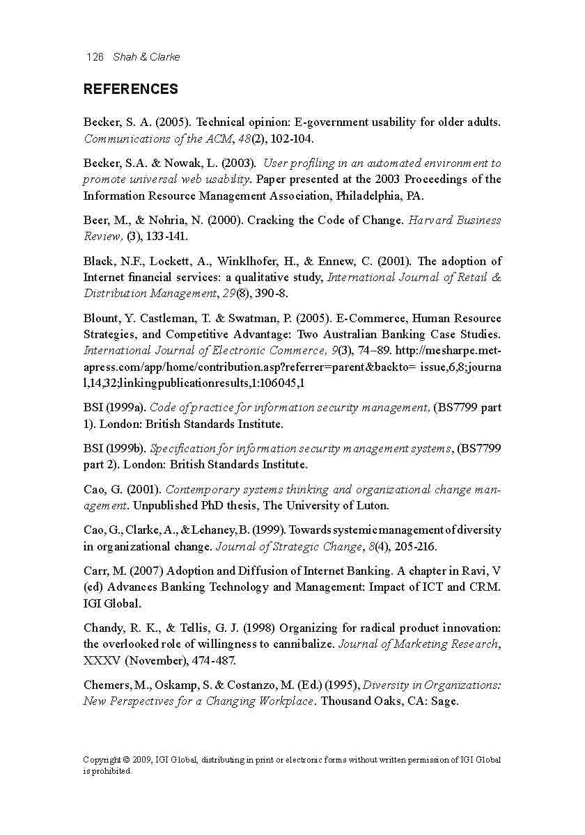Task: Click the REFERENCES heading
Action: coord(130,89)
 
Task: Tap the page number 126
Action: coord(95,57)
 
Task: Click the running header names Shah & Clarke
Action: coord(146,57)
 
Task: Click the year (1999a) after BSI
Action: coord(126,408)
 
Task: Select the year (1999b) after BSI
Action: coord(126,449)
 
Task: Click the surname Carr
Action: coord(95,571)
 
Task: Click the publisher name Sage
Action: coord(444,701)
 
